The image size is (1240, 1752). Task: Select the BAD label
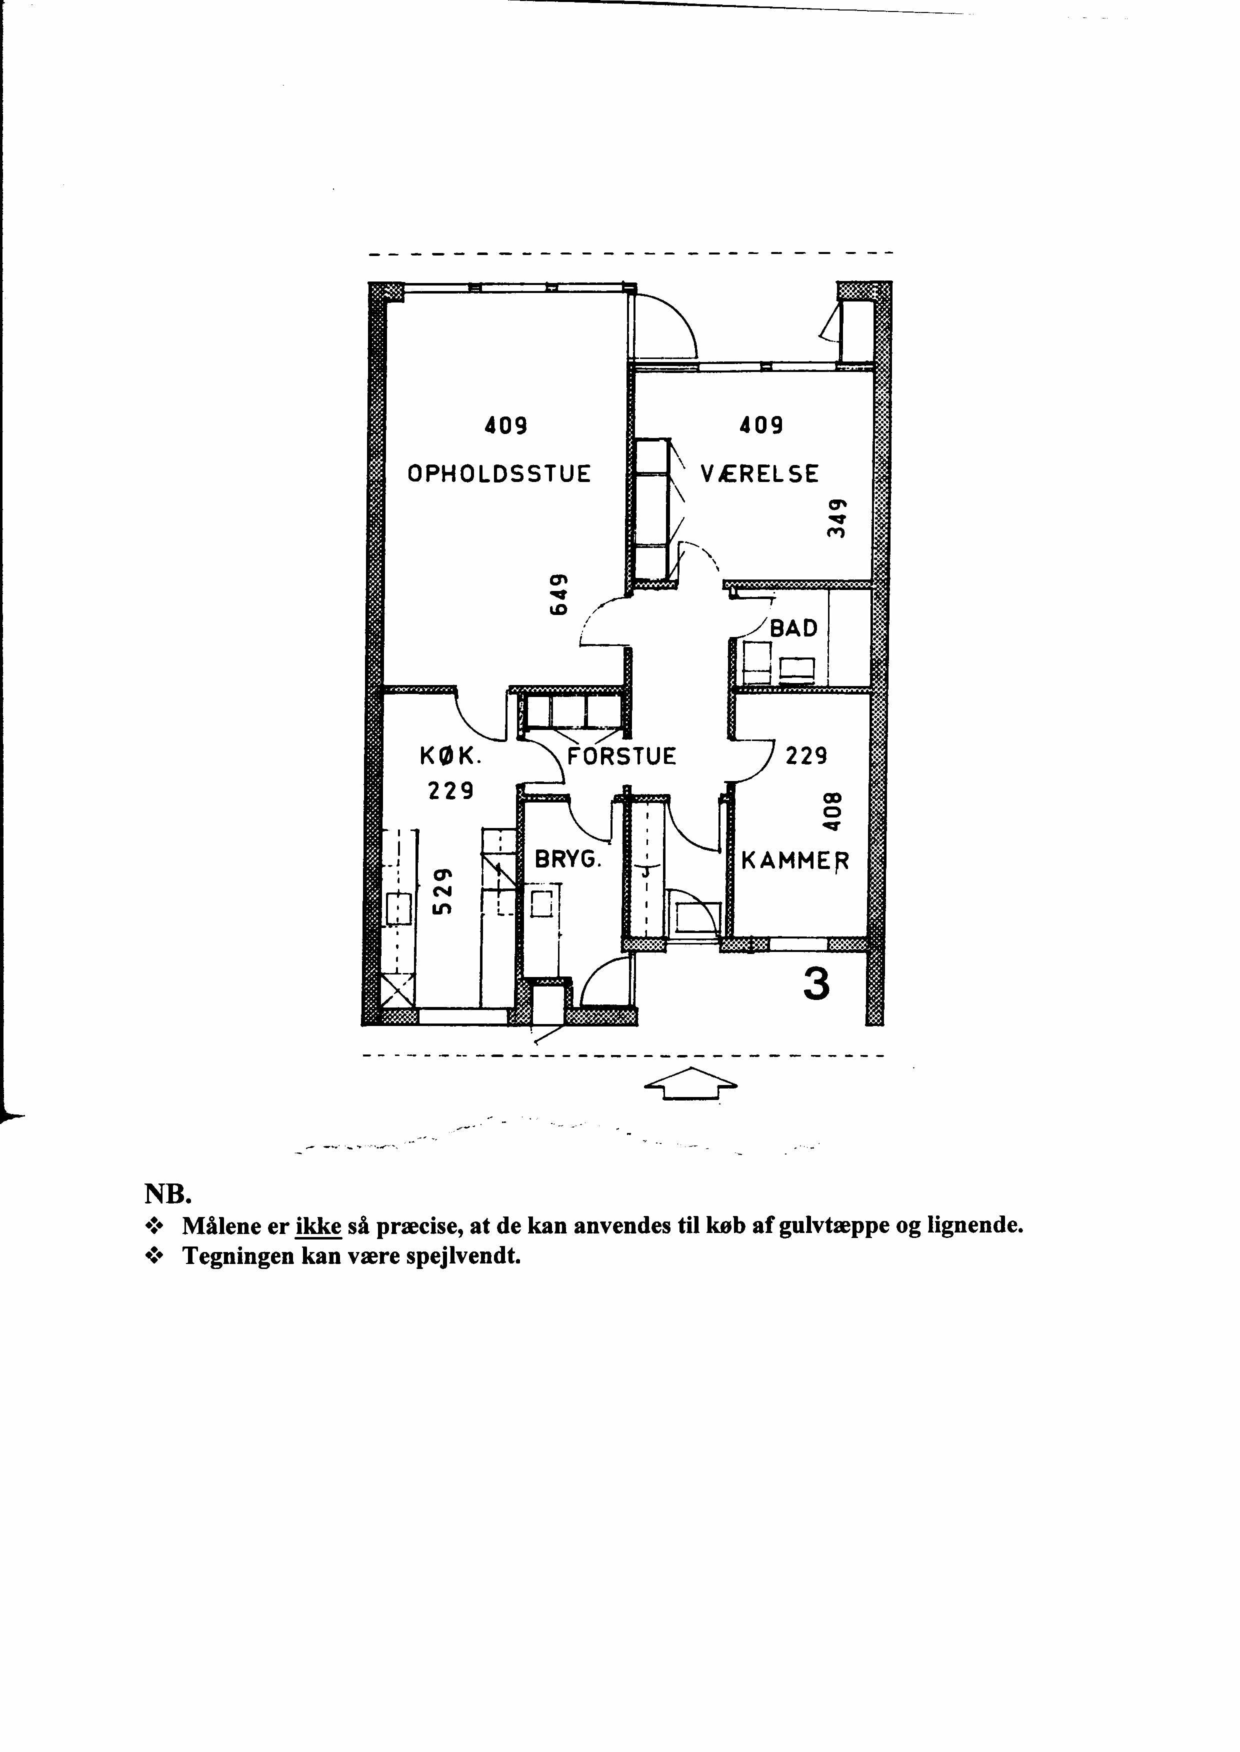tap(793, 628)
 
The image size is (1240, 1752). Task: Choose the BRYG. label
tap(568, 860)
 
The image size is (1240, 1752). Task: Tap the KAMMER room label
tap(795, 860)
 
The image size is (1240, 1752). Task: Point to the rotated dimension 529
tap(442, 891)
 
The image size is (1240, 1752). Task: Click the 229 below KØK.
tap(450, 791)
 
